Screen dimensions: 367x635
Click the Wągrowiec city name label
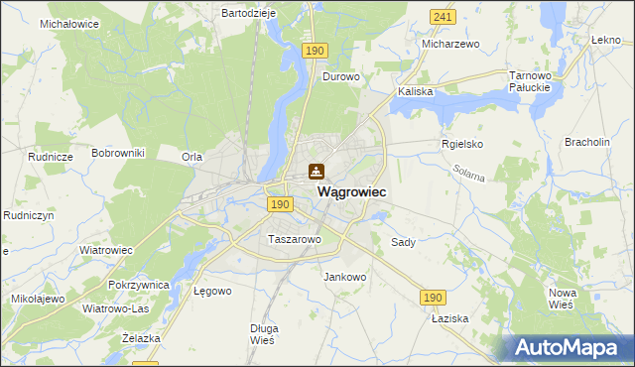(x=351, y=191)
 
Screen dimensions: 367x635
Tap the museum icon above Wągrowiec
(x=317, y=172)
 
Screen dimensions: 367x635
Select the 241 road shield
(x=443, y=17)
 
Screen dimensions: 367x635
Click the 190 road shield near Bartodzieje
(x=315, y=50)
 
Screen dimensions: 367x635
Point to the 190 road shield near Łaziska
(x=433, y=297)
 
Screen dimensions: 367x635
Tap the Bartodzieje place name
(x=248, y=13)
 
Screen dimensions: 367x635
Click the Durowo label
(x=340, y=75)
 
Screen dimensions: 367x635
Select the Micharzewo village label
(x=450, y=45)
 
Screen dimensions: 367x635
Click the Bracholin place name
(x=586, y=142)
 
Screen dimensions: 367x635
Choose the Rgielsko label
(x=461, y=143)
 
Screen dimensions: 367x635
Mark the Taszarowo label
(x=294, y=239)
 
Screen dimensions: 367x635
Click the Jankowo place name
(x=345, y=277)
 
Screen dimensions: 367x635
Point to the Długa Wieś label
(x=264, y=333)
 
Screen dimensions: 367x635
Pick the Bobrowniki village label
(x=118, y=153)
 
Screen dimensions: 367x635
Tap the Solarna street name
(x=469, y=175)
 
